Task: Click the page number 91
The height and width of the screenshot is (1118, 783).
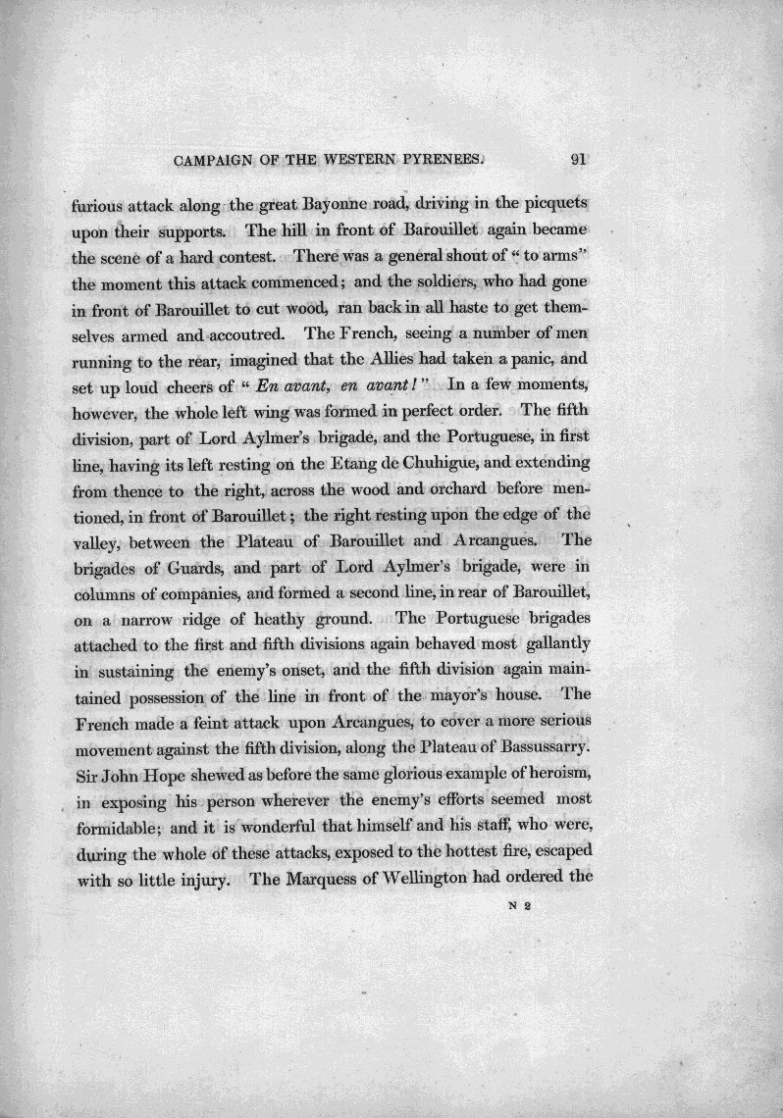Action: pos(577,161)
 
